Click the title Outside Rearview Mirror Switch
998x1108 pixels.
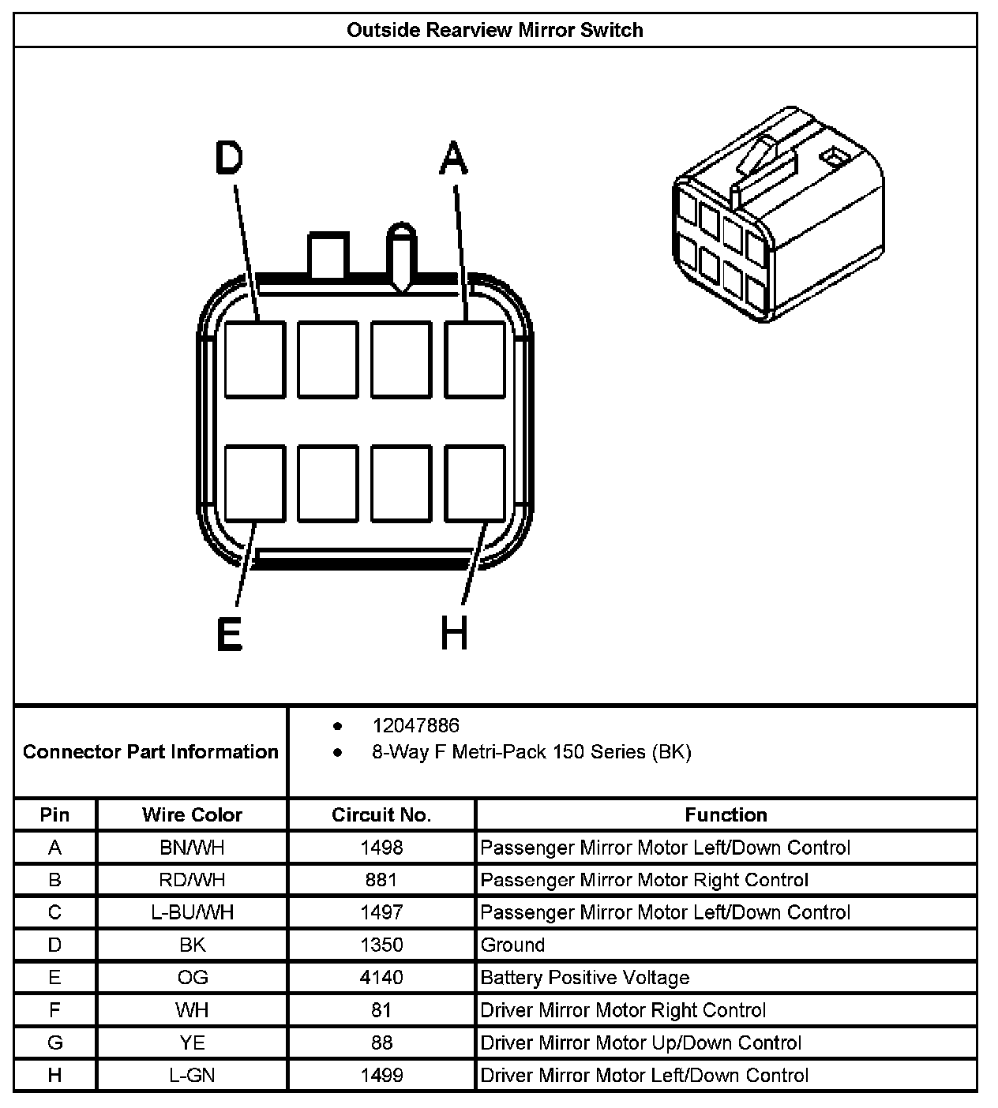(x=495, y=31)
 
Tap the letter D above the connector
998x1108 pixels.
(x=229, y=158)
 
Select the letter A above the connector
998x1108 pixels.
(x=453, y=158)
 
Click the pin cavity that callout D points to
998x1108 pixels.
(x=254, y=359)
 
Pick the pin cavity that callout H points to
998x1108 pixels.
(x=475, y=483)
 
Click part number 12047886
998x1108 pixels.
(x=415, y=725)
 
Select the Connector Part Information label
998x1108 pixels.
(x=151, y=751)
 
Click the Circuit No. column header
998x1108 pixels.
(x=381, y=814)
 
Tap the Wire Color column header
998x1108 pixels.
(x=192, y=814)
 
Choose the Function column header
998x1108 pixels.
(x=726, y=814)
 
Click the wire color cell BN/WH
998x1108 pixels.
(x=192, y=848)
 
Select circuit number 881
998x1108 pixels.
(x=381, y=880)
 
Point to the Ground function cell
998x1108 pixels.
(x=513, y=945)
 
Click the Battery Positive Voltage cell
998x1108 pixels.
(x=585, y=978)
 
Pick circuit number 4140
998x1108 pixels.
(x=381, y=978)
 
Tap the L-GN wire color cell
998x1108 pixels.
(x=192, y=1075)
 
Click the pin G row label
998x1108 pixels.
(x=54, y=1042)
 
